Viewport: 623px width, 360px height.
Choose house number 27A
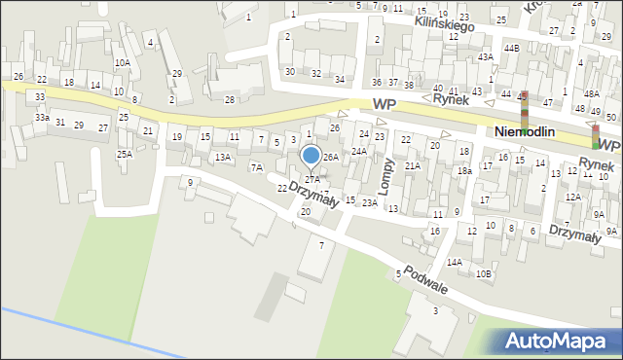pyautogui.click(x=311, y=180)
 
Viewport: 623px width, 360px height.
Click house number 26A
pyautogui.click(x=331, y=157)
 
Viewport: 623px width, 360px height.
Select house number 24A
pyautogui.click(x=359, y=151)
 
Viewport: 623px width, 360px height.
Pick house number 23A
pyautogui.click(x=369, y=202)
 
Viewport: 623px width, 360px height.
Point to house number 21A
pyautogui.click(x=413, y=166)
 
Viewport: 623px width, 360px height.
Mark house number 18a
pyautogui.click(x=465, y=171)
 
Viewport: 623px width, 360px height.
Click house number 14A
pyautogui.click(x=455, y=262)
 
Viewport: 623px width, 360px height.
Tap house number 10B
pyautogui.click(x=484, y=273)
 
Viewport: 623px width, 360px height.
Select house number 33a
pyautogui.click(x=42, y=117)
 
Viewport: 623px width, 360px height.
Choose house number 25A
pyautogui.click(x=125, y=154)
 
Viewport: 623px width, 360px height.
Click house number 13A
pyautogui.click(x=223, y=157)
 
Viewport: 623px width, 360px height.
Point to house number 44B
pyautogui.click(x=511, y=48)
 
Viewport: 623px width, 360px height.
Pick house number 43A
pyautogui.click(x=485, y=57)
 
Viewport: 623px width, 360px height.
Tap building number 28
pyautogui.click(x=230, y=99)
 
